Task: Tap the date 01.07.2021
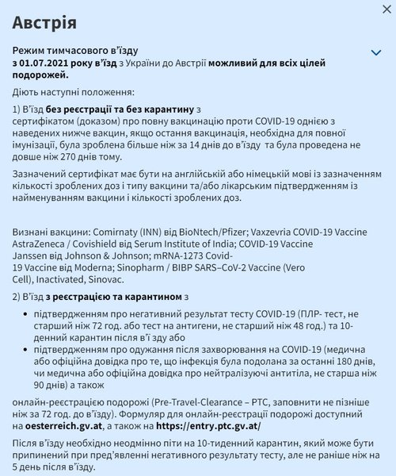click(48, 63)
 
